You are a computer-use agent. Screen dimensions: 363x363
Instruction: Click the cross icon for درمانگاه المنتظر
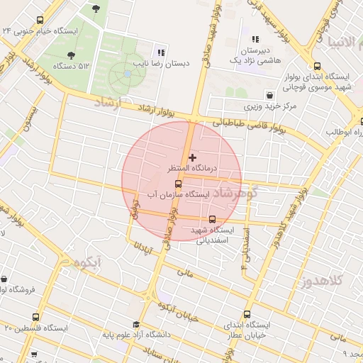pyautogui.click(x=192, y=156)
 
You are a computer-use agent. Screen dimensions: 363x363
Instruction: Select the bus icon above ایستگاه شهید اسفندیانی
pyautogui.click(x=213, y=219)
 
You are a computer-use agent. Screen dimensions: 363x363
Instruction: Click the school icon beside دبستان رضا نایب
pyautogui.click(x=161, y=52)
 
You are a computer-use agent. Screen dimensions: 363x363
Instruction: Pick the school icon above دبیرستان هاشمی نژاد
pyautogui.click(x=255, y=40)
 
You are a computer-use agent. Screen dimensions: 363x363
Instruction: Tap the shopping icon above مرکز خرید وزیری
pyautogui.click(x=269, y=94)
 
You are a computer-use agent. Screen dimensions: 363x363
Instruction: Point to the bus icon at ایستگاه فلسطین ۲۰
pyautogui.click(x=35, y=317)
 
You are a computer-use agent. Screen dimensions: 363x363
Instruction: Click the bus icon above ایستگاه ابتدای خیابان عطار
pyautogui.click(x=247, y=314)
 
